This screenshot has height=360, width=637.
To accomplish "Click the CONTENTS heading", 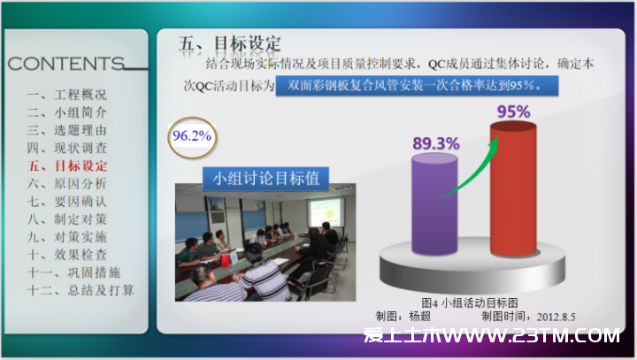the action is click(65, 64).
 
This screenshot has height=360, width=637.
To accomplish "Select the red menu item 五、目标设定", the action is click(67, 165).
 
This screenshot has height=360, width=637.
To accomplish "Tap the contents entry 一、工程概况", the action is click(67, 95).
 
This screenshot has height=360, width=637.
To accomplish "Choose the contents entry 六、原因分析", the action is click(67, 184).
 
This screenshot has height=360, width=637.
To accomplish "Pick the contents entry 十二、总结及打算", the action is click(81, 290).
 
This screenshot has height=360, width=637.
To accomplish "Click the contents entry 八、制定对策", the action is click(67, 219).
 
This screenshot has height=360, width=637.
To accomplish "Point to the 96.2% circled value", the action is click(192, 136).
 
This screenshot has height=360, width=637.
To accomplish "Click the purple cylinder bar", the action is click(434, 205).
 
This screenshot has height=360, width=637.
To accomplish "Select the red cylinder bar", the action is click(513, 189).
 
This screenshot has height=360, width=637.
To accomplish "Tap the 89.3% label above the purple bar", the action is click(436, 143).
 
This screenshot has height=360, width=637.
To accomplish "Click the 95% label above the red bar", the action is click(513, 111).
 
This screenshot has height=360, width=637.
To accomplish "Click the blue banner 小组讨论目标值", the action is click(265, 179).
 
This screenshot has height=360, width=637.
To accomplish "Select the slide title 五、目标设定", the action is click(230, 43).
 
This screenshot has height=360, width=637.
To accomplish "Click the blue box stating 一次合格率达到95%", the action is click(417, 86).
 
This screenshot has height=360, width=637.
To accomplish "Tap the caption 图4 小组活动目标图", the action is click(470, 303).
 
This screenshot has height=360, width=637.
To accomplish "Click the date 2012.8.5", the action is click(556, 317).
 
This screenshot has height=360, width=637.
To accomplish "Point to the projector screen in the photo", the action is click(325, 212).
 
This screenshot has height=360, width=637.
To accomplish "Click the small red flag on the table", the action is click(225, 261).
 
